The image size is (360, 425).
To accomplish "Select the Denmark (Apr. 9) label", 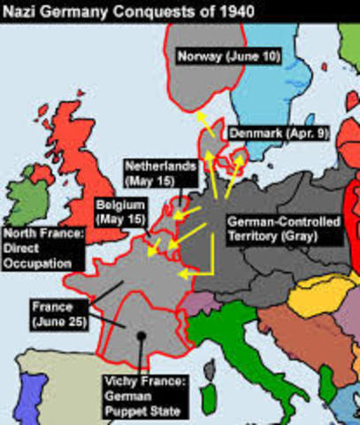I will tap(276, 132).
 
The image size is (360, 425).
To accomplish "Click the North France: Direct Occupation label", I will tap(44, 249).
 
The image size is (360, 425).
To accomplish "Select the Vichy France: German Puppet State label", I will tap(143, 397).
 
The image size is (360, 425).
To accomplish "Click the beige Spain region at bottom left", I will tap(44, 390).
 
